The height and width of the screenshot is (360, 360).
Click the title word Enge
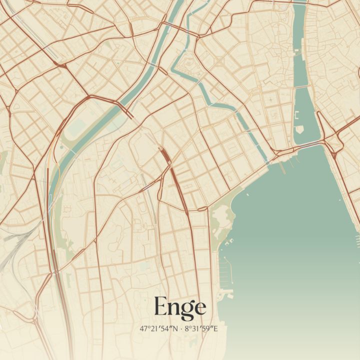[179, 306]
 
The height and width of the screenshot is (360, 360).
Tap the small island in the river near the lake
[299, 129]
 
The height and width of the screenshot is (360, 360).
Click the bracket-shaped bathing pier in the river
[296, 115]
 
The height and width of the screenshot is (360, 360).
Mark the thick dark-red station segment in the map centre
[165, 156]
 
